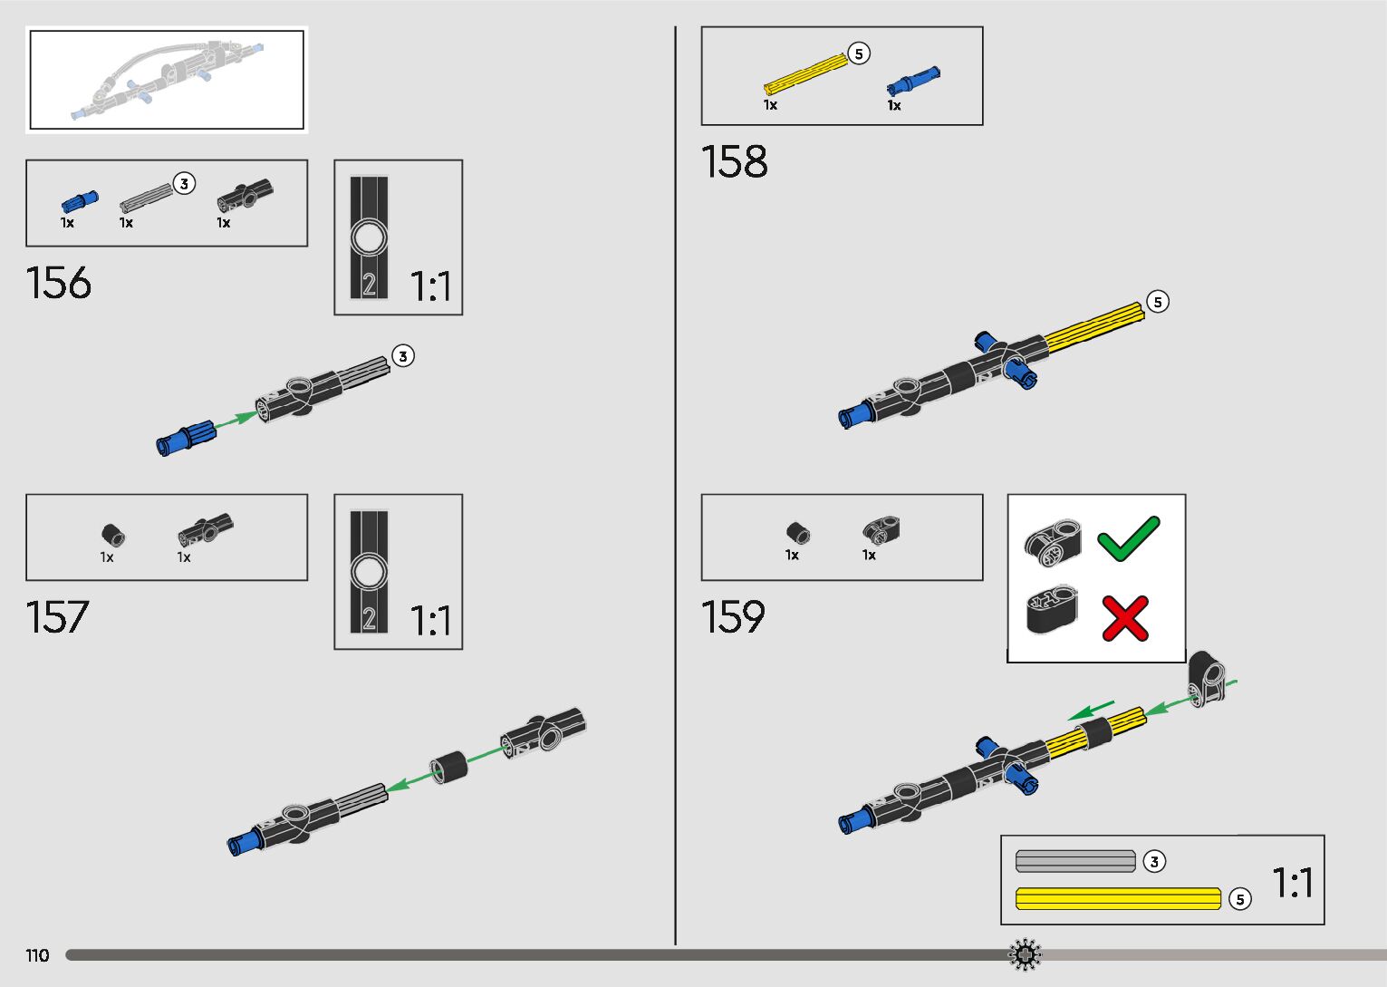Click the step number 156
[x=59, y=283]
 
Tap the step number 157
[x=58, y=617]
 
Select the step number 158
[x=734, y=162]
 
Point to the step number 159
[x=733, y=617]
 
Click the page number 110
[x=37, y=955]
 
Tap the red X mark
[x=1125, y=618]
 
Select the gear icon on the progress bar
[x=1026, y=954]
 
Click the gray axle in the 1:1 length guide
[x=1075, y=861]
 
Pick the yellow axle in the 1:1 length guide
[x=1118, y=898]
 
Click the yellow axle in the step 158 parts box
[x=805, y=74]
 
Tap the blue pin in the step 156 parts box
[x=79, y=201]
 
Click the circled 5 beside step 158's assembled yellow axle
[x=1158, y=302]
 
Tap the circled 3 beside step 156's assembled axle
[x=403, y=356]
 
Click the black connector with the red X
[x=1052, y=610]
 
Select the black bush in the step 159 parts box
[x=797, y=533]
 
